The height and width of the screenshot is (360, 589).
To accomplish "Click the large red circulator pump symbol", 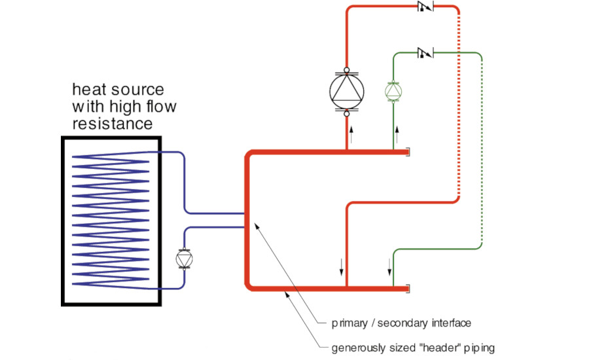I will coord(346,92).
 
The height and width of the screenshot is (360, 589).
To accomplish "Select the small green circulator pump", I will coord(393,91).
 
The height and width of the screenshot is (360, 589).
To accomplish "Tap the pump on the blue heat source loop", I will coord(184,259).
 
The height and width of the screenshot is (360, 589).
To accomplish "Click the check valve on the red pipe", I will coord(425,7).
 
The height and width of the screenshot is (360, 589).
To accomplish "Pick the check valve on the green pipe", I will coord(425,52).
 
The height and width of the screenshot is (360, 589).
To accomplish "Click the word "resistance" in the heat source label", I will coord(112,122).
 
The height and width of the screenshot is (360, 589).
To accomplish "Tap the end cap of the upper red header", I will coord(408,153).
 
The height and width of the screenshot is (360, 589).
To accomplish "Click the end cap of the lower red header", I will coord(408,287).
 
